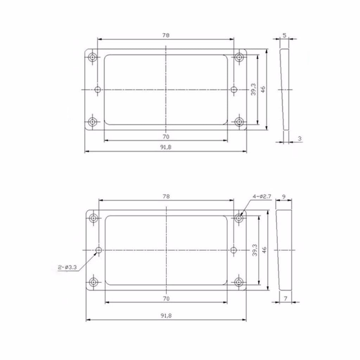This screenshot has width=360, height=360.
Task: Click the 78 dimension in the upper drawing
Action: pos(166,35)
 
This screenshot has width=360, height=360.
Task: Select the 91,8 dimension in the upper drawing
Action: pos(166,148)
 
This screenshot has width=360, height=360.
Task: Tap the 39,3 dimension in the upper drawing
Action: pos(253,90)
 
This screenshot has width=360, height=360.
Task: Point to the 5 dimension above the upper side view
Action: pos(284,35)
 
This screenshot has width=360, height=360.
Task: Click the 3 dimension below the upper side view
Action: pos(300,139)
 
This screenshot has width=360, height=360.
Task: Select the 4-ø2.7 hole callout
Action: pos(262,197)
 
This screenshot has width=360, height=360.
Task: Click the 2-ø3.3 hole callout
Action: pos(67,268)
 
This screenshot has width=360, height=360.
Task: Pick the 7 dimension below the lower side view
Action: pos(285,298)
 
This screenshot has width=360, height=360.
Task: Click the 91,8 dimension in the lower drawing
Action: pos(166,316)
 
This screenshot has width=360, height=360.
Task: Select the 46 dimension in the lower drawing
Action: pos(264,250)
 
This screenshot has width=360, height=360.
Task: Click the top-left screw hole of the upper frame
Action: pos(93,57)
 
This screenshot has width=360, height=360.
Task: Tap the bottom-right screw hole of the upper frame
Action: pos(240,122)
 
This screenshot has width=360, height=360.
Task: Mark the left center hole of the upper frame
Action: pos(98,90)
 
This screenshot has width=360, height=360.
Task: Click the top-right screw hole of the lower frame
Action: pos(239,218)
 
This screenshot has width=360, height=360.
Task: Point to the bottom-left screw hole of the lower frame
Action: pos(94,282)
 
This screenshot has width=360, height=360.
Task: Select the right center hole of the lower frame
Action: pos(234,250)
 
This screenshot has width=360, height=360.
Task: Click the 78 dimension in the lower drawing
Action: pos(166,197)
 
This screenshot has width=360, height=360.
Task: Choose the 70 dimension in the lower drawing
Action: pos(166,298)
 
